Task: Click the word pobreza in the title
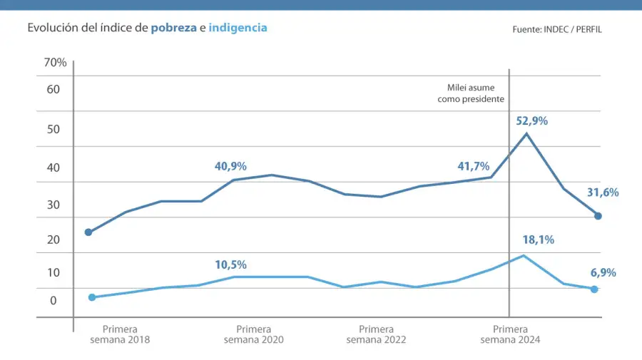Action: [x=173, y=29]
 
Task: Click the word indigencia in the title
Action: [x=238, y=29]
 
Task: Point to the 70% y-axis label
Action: [x=55, y=63]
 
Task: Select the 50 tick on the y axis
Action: [x=53, y=129]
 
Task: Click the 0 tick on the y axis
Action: [x=53, y=301]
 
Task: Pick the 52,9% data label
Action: [x=532, y=121]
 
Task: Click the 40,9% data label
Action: [x=230, y=166]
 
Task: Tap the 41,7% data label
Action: [x=473, y=166]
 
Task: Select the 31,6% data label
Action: [x=603, y=192]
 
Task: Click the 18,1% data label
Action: [x=538, y=240]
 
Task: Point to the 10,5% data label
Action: [x=230, y=264]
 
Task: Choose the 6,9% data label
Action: [x=603, y=272]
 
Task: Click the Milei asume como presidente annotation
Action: [x=471, y=93]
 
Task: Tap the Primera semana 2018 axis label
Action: [x=120, y=334]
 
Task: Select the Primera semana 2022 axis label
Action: [x=376, y=334]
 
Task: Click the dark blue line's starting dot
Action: [x=88, y=232]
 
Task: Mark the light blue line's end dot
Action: [x=594, y=289]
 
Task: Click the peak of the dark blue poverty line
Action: [x=526, y=133]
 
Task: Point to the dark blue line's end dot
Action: [x=598, y=216]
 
